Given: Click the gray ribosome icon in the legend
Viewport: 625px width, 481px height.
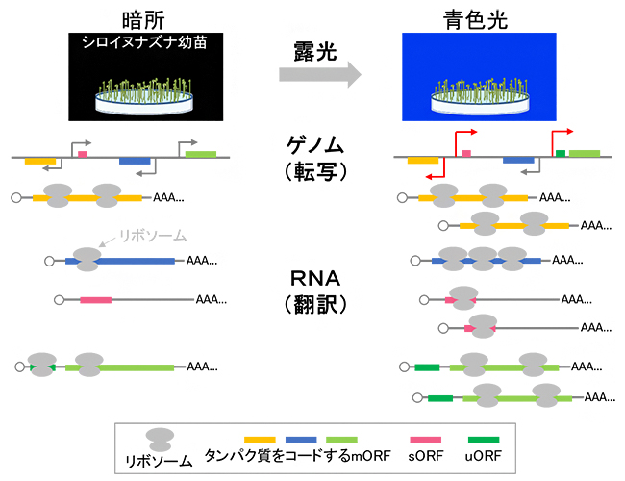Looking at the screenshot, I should pos(161,439).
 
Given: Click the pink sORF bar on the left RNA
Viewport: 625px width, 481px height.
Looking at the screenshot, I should pos(95,300).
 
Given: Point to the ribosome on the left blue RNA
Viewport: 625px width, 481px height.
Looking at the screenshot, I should pos(86,260).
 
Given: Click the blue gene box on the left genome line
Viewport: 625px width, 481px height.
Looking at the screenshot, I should pos(136,161).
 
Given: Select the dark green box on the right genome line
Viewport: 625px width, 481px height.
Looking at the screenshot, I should pos(560,153).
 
